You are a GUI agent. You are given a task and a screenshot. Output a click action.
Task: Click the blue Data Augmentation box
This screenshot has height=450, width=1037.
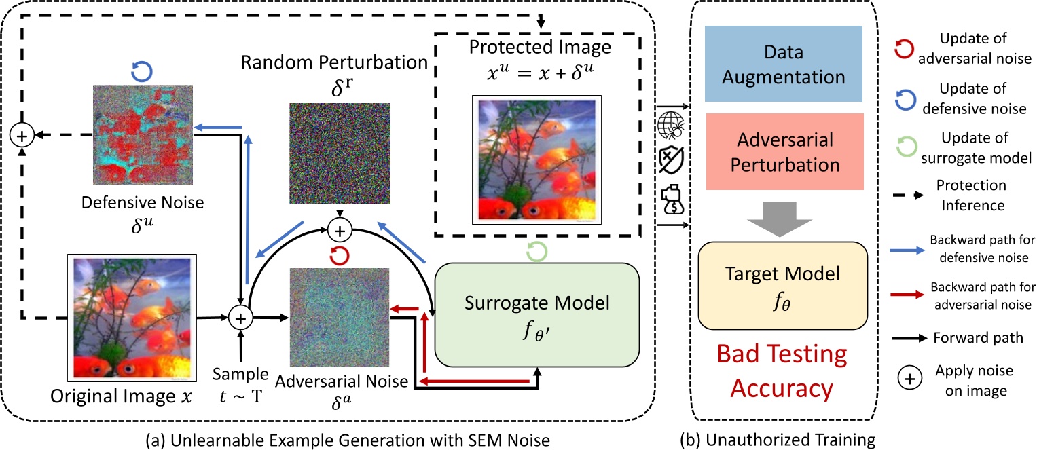[783, 65]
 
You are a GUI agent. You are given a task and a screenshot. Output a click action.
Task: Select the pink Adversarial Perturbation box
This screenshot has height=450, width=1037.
[783, 151]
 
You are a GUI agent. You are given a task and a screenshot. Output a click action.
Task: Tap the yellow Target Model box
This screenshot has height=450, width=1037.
[783, 284]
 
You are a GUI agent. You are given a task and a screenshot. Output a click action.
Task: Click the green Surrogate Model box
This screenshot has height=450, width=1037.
[537, 314]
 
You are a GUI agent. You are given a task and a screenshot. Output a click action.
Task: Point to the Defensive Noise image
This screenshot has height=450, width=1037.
[143, 136]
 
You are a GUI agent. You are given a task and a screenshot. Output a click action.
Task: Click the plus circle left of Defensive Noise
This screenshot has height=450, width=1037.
[22, 136]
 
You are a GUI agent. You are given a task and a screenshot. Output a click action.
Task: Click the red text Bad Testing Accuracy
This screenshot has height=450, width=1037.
[783, 371]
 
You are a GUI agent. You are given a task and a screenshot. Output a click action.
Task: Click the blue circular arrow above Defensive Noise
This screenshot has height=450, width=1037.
[143, 71]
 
